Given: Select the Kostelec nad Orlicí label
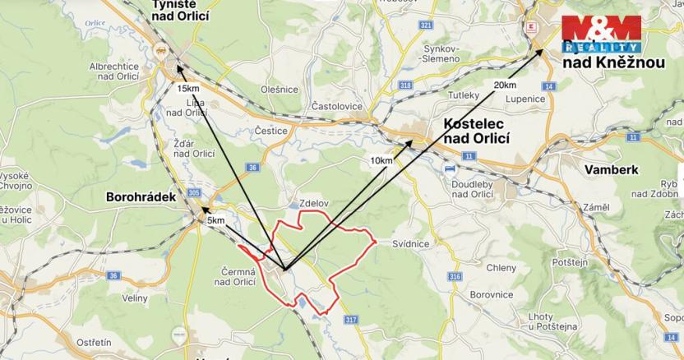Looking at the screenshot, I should [476, 132].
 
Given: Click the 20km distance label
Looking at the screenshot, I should [505, 85].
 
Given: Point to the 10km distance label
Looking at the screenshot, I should [381, 160].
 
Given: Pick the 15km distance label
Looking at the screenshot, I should [187, 88].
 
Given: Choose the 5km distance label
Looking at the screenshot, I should [215, 220].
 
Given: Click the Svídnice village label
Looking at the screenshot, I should [410, 244].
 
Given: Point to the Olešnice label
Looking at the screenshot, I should [279, 89].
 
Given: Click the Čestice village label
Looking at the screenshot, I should [270, 130].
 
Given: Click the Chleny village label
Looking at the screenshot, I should [501, 268].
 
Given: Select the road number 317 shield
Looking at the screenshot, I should [352, 319].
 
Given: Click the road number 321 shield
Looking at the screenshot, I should [425, 26].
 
